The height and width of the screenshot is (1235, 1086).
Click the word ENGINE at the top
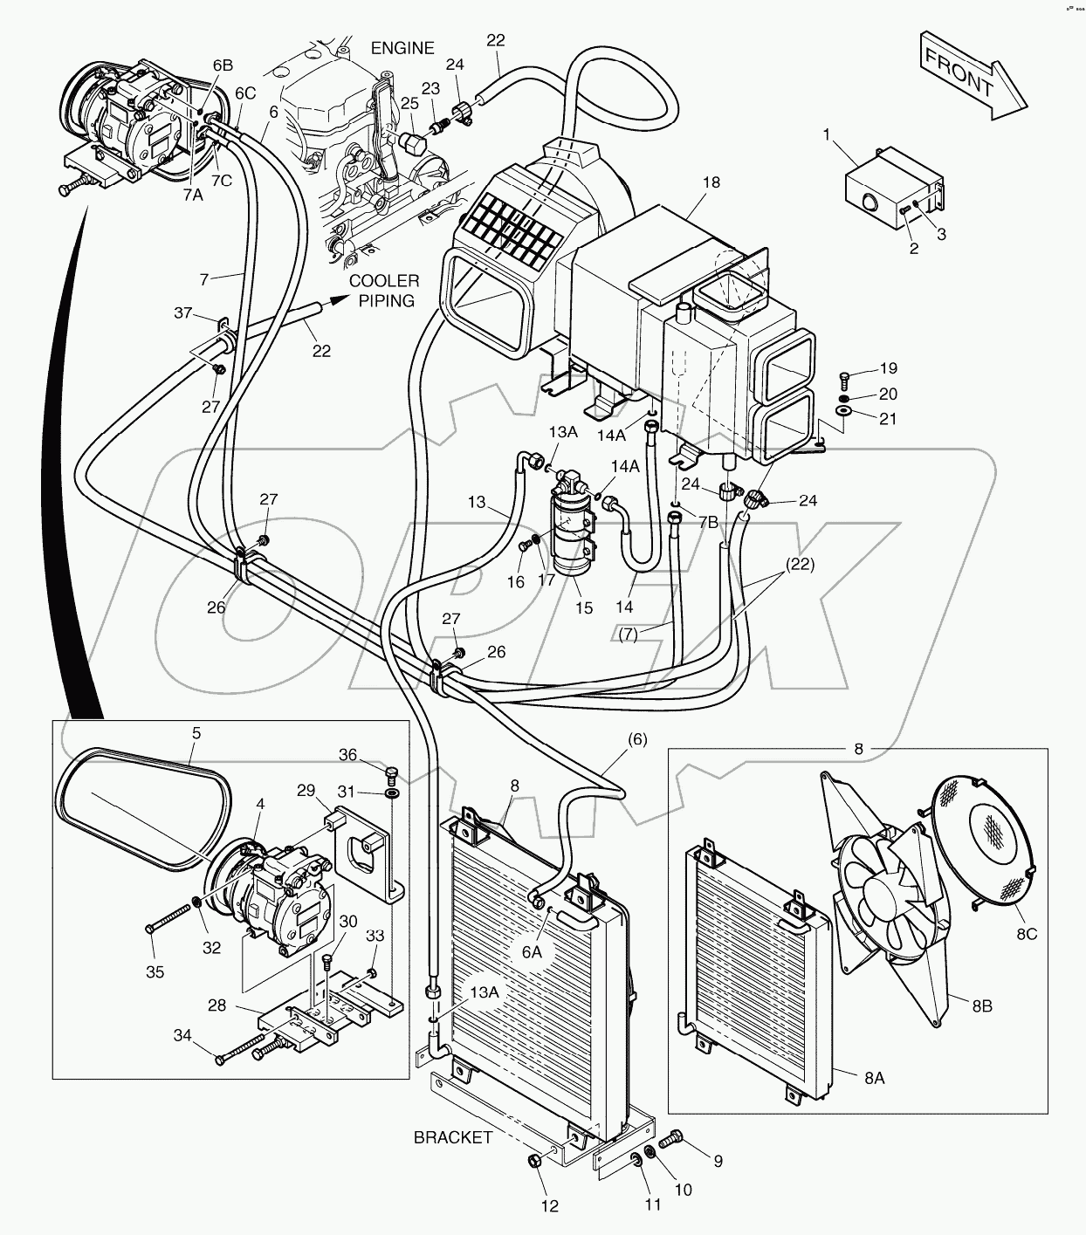402,48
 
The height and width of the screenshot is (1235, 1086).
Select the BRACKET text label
453,1137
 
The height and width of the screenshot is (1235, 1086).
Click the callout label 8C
1027,935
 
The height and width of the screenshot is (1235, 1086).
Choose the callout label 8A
874,1078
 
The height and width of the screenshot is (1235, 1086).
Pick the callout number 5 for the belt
196,734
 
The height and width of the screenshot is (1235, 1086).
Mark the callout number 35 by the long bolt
155,971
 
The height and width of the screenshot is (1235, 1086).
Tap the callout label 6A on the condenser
533,952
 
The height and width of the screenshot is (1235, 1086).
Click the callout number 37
182,313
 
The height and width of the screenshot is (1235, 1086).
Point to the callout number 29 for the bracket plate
306,791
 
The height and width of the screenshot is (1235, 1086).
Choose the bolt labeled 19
843,378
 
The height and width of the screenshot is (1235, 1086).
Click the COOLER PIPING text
384,290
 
